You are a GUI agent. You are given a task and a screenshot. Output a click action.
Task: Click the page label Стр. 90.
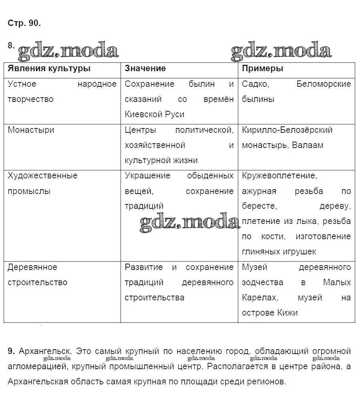coord(24,23)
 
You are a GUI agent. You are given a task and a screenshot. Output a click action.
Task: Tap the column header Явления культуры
coord(49,68)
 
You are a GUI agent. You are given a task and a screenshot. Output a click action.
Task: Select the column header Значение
coord(145,68)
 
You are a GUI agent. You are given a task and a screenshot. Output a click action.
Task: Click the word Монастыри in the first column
coord(31,130)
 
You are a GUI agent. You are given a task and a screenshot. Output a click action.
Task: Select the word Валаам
coord(308,145)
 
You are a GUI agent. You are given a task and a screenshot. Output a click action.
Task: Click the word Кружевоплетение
coord(279,176)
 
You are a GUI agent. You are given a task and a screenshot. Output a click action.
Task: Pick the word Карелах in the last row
coord(260,298)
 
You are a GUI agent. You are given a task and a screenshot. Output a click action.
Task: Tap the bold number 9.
coord(11,352)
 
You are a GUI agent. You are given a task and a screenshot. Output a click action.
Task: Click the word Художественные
coord(42,176)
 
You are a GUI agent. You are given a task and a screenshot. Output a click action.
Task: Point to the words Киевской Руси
coord(155,114)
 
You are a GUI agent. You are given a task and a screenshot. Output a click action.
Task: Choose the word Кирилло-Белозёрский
coord(287,130)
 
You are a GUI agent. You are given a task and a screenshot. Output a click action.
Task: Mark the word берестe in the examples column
coord(259,206)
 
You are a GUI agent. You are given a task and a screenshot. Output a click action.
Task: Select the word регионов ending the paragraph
coord(267,382)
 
